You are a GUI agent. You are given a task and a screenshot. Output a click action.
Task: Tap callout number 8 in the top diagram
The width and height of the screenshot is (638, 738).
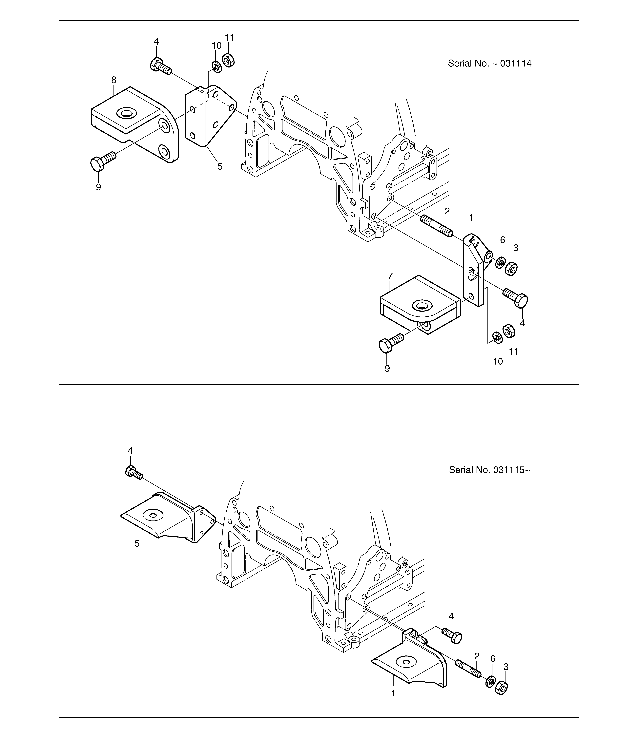pos(114,80)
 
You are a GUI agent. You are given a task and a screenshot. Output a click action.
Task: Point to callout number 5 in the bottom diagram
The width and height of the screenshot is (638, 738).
pos(137,543)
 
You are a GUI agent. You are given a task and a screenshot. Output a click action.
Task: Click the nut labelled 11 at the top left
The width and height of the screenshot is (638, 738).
pos(228,60)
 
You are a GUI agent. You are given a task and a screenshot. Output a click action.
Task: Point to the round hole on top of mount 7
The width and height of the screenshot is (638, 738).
pos(422,305)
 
